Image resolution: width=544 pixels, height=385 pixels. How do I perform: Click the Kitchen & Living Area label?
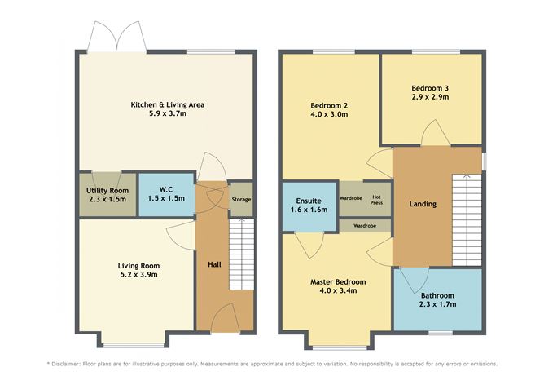point(168,105)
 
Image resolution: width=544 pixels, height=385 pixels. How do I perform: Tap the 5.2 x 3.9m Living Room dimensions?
point(138,276)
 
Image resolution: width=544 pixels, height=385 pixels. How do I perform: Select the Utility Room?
point(106,195)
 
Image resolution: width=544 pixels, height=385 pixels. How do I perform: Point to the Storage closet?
point(241,200)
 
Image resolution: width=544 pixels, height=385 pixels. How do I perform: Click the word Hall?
point(213,265)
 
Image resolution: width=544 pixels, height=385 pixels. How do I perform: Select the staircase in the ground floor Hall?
point(239,257)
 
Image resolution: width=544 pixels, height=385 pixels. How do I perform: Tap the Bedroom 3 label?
point(429,88)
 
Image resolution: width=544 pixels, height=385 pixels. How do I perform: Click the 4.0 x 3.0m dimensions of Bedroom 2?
point(329,115)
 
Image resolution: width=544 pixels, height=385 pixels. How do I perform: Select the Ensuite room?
point(309,205)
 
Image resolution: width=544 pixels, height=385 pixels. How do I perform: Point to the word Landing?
point(423,204)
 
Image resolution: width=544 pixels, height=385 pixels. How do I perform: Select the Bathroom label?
point(437,296)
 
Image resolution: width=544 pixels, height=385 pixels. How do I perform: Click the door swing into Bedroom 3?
point(432,137)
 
